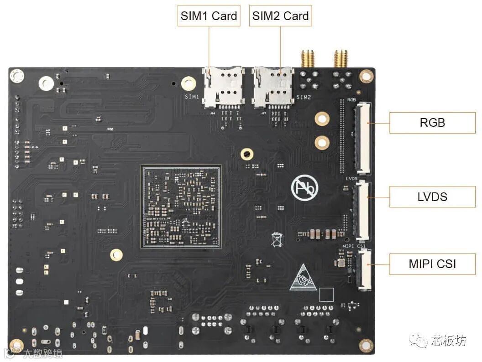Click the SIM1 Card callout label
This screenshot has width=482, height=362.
click(209, 16)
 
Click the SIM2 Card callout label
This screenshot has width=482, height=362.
click(280, 16)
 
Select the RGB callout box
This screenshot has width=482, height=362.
click(432, 123)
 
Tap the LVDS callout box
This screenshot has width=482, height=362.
click(432, 197)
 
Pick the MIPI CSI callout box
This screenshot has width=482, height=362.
click(432, 264)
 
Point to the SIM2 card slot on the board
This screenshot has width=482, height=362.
click(273, 87)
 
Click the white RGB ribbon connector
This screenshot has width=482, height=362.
click(363, 138)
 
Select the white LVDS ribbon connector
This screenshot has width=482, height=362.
click(362, 211)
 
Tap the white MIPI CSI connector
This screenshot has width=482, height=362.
click(364, 270)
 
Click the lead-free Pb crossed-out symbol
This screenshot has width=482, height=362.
click(304, 187)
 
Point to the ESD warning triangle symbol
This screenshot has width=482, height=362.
click(302, 278)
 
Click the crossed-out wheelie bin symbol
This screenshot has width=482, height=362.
click(277, 239)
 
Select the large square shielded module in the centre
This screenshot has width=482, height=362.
click(181, 207)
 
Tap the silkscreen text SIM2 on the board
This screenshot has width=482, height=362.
click(304, 97)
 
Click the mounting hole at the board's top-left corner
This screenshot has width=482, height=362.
click(17, 75)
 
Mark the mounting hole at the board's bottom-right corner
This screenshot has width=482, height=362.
click(366, 345)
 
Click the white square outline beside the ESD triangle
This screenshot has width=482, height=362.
click(326, 295)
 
